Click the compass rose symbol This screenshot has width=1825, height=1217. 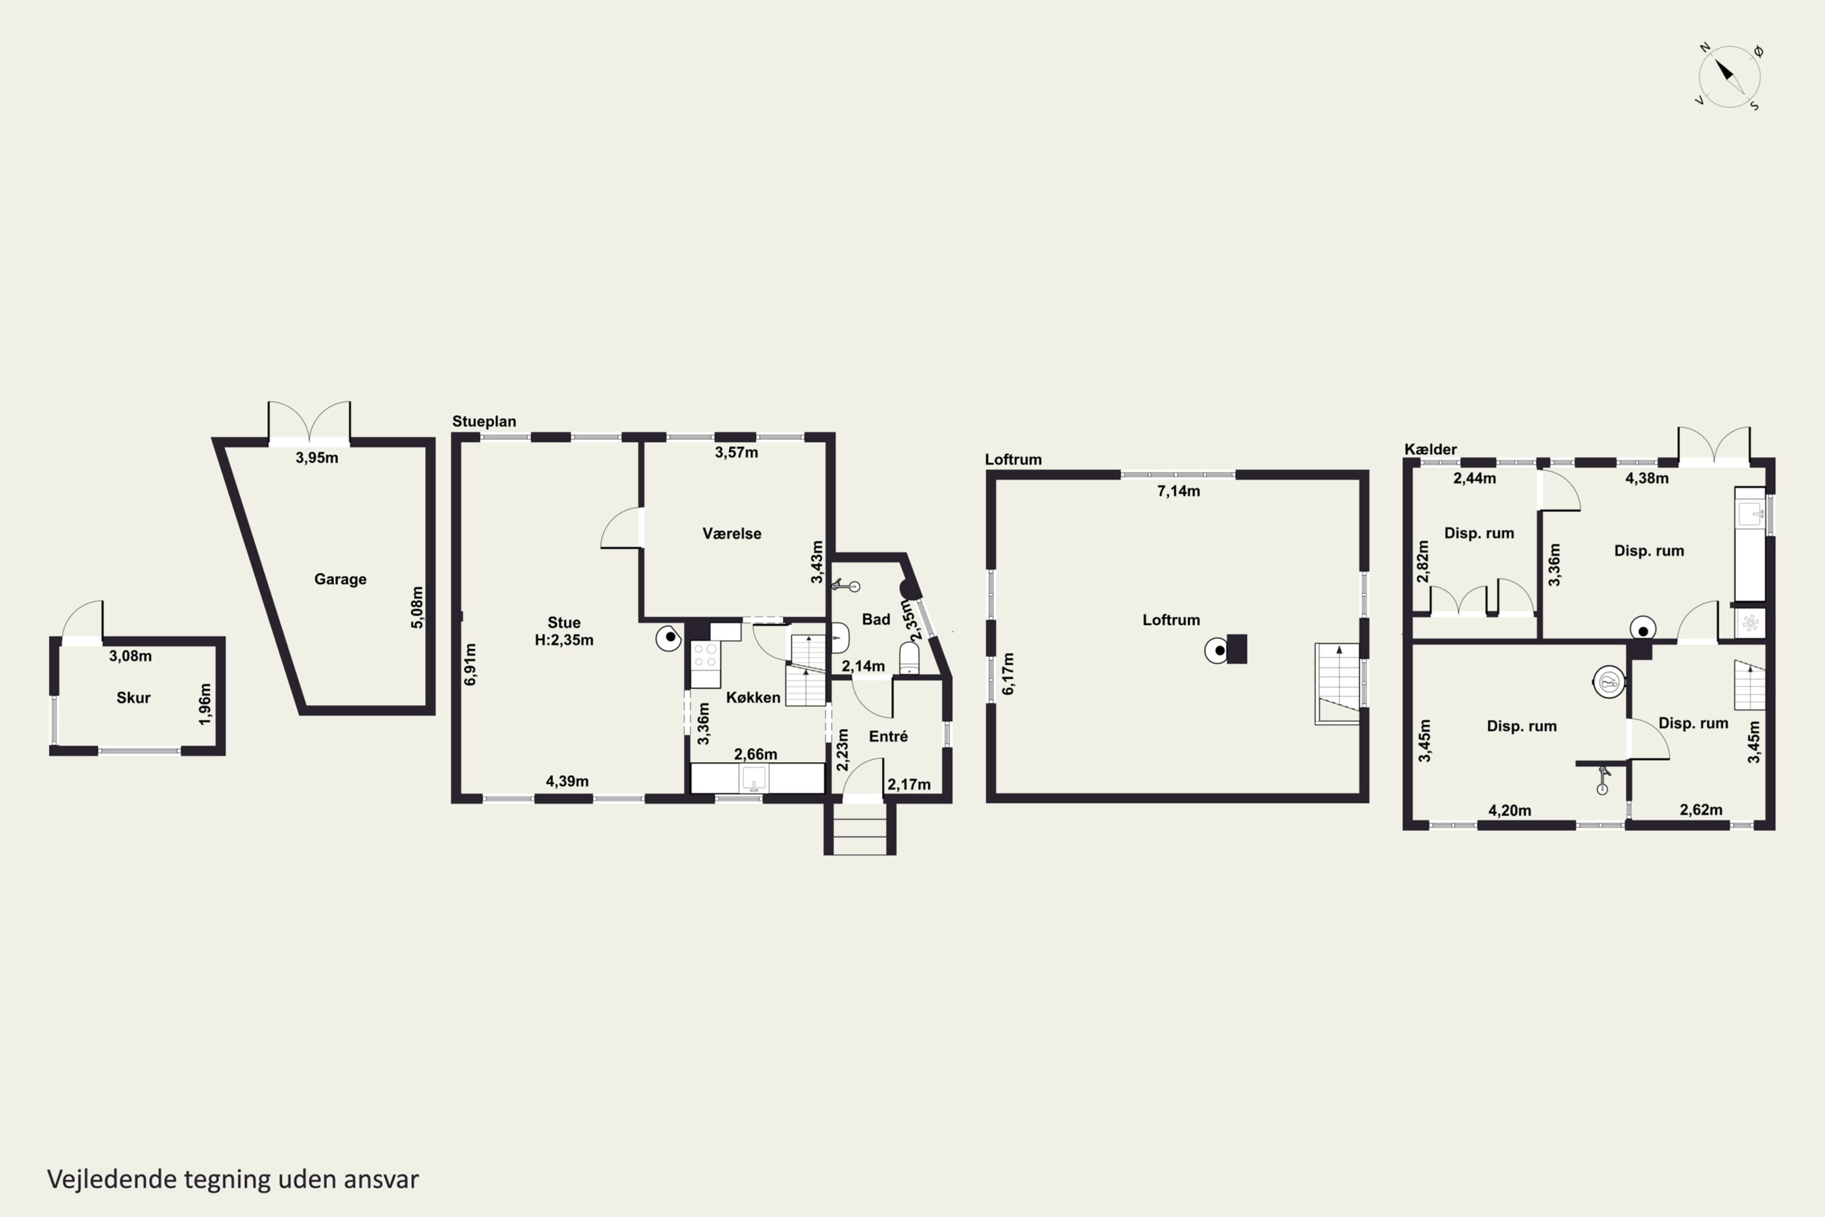1729,76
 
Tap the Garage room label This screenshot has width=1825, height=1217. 340,579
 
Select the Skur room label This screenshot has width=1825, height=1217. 133,698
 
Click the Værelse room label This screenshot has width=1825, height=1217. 732,533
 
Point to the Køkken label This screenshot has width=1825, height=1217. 753,697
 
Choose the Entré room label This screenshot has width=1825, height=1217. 888,736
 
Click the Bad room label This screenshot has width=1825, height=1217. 876,619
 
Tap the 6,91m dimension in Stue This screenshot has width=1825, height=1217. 470,664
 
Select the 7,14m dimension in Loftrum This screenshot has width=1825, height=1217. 1179,490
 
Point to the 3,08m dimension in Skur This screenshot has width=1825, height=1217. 130,656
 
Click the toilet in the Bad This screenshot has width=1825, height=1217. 909,658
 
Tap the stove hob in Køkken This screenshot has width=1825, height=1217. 705,655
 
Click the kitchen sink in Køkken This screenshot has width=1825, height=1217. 754,778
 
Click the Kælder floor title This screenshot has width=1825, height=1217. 1431,450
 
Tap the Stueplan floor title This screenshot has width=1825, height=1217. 484,422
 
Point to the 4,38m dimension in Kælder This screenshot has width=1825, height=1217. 1647,478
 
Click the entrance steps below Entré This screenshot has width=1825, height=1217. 860,829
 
